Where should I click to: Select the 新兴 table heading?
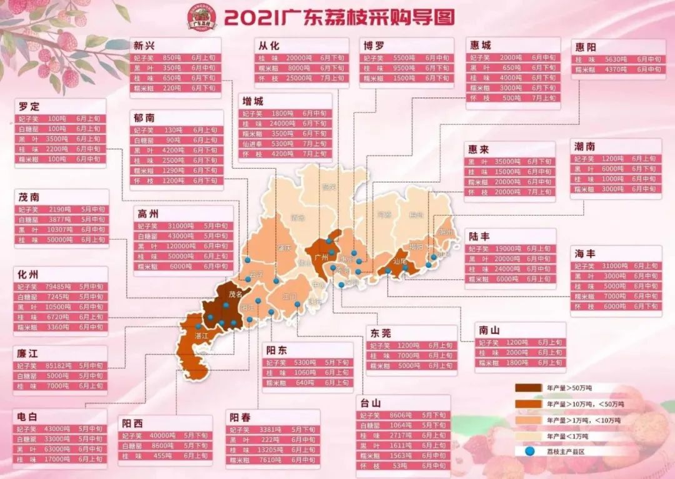click(145, 45)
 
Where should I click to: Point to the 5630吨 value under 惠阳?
click(612, 59)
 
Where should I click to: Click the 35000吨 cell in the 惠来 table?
click(507, 162)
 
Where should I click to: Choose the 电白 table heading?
click(27, 416)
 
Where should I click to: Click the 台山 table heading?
click(371, 403)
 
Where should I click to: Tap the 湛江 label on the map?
click(201, 336)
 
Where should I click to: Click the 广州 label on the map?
click(322, 257)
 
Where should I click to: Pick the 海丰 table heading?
click(586, 254)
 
